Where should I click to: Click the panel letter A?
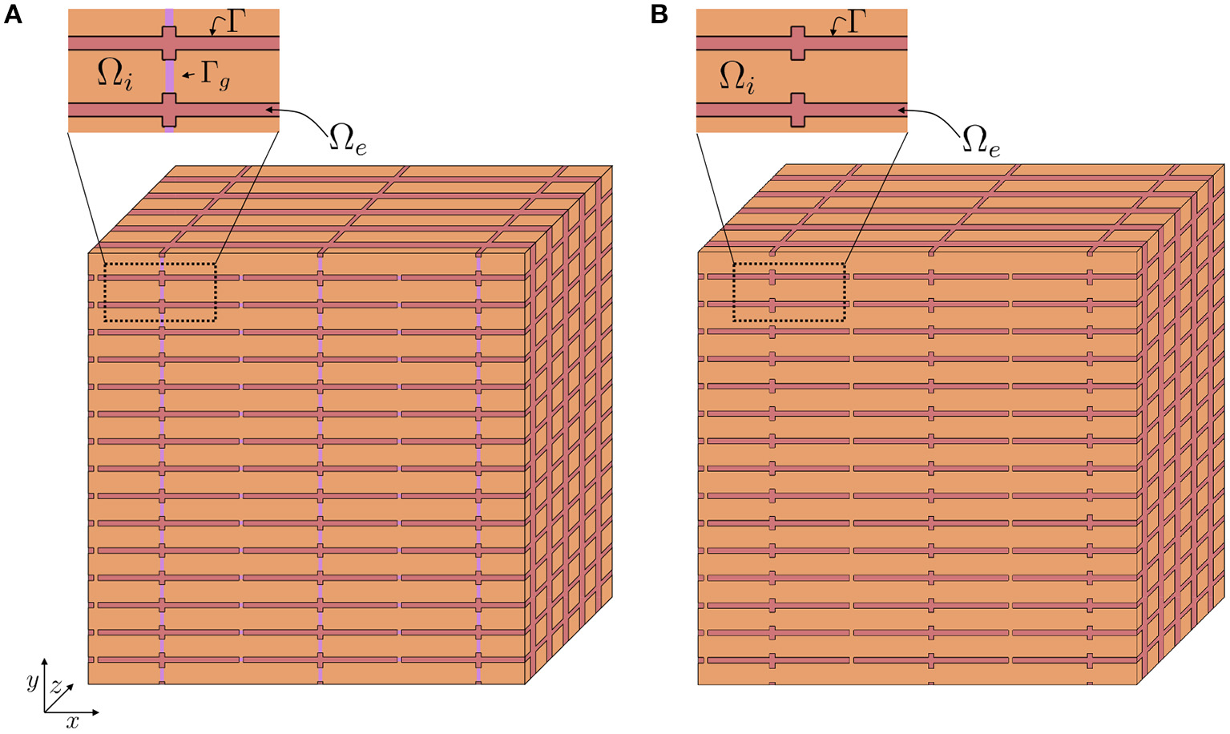pos(12,14)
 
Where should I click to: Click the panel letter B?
pos(659,14)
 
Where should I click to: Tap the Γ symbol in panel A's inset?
pos(235,22)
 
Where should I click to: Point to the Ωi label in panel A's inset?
pos(115,74)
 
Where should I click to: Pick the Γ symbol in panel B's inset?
pos(857,22)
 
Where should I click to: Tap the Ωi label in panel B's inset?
pos(736,78)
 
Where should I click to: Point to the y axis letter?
pos(32,681)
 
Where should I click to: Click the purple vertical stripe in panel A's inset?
pos(169,75)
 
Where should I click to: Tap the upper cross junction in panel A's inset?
pos(169,42)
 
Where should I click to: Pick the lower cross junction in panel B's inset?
pos(797,110)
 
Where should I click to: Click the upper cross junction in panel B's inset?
pos(797,42)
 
